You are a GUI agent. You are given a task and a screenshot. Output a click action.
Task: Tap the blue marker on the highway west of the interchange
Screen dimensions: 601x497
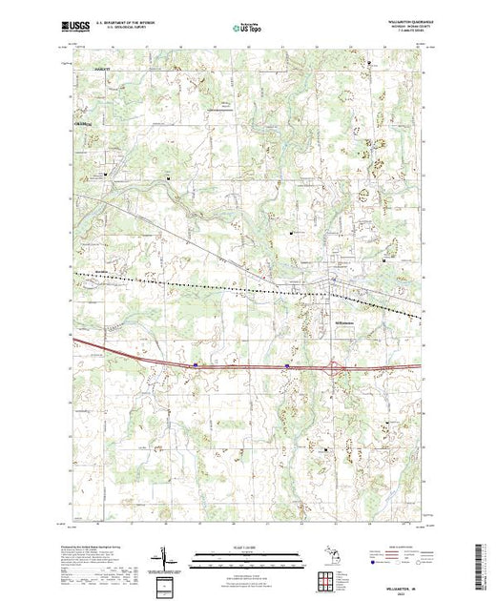[287, 363]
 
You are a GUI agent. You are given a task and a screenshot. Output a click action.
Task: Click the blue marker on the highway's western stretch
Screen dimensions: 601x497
[196, 363]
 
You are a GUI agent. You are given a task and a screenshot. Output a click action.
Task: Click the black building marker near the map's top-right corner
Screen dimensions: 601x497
[370, 63]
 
